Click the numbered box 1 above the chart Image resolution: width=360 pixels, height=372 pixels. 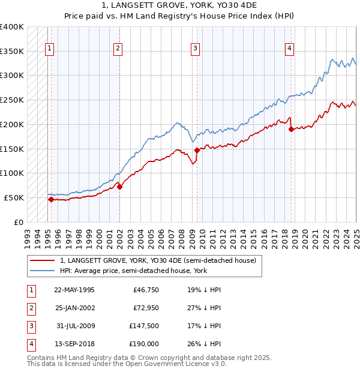49,49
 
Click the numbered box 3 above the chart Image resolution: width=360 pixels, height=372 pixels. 196,49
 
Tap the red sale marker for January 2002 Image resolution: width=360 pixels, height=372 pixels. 119,187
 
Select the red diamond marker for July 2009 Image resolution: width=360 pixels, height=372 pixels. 197,150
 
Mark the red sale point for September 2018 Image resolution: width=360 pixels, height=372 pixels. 291,129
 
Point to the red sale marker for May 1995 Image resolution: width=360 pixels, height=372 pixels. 51,199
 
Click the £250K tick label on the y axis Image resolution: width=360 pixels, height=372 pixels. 11,100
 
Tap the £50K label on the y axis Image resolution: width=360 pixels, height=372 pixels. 14,197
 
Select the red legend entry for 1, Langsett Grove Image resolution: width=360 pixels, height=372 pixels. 158,260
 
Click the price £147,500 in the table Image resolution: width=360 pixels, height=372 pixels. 145,326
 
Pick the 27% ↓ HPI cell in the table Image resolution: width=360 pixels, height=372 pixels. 204,308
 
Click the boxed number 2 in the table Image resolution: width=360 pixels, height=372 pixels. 30,308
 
